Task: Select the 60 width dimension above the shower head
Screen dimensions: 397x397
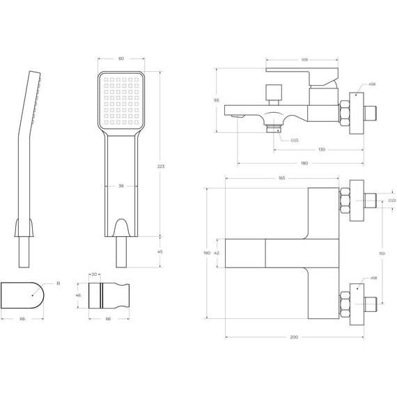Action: (122, 59)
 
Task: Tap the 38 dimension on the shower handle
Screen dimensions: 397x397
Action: (122, 186)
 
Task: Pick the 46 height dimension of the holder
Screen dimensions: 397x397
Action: (79, 296)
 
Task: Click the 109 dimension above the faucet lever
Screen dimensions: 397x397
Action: (304, 59)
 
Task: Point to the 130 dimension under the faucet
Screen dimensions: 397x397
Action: (321, 150)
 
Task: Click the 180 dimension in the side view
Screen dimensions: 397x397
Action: (304, 164)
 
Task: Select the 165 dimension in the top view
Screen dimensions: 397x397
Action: (281, 178)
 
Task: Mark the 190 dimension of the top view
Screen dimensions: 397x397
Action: (206, 254)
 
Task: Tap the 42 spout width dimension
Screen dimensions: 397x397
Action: (217, 254)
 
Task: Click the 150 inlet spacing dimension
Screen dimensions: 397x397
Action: (382, 254)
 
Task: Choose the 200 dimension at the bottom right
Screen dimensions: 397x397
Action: (294, 337)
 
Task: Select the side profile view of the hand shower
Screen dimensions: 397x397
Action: (26, 160)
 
